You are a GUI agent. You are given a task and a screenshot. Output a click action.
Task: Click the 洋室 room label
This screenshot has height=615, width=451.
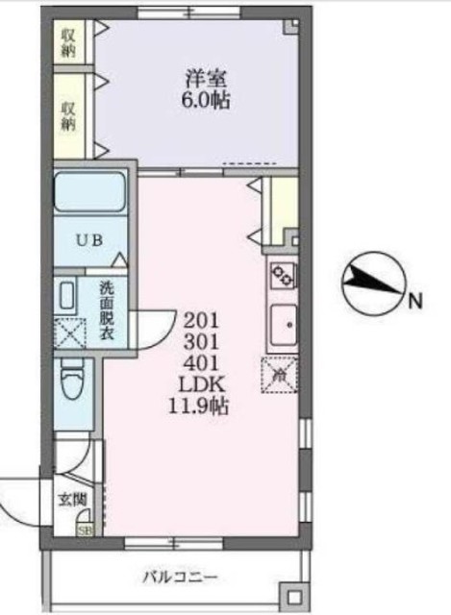206,79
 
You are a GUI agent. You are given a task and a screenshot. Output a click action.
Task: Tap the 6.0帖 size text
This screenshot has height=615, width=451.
205,101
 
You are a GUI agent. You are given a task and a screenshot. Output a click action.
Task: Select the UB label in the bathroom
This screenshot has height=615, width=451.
89,240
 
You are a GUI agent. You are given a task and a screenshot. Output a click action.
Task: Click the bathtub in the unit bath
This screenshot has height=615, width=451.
89,192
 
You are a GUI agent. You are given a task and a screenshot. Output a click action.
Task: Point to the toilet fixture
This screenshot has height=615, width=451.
73,380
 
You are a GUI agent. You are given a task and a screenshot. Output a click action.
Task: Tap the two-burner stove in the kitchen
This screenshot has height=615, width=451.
283,276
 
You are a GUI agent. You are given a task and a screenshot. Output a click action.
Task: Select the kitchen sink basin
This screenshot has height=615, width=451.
284,325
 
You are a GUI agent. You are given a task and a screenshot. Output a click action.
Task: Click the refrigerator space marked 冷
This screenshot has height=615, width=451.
279,375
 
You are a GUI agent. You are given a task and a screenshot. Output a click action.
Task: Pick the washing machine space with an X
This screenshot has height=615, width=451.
70,333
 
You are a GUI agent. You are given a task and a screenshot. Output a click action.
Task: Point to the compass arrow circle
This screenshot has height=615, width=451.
373,283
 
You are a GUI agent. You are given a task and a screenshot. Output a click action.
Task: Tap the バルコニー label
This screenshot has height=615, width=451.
180,578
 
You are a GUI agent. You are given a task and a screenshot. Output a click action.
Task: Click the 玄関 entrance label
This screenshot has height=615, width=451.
73,500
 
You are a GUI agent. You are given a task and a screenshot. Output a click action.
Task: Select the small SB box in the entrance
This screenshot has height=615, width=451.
85,531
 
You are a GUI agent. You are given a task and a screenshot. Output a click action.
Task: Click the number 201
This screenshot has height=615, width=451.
201,322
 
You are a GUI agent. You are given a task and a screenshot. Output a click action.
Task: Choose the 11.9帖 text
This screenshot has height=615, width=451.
199,406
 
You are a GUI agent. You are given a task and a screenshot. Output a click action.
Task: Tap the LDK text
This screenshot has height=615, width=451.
202,384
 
